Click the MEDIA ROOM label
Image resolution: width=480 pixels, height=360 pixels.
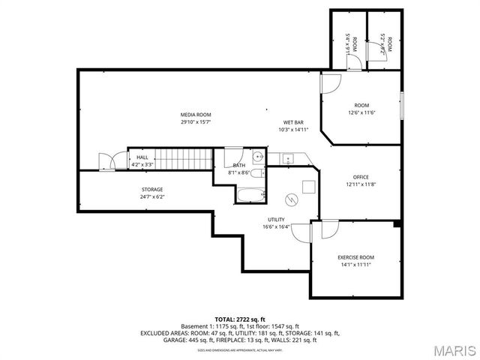(195, 115)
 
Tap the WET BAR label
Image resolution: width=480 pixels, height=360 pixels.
(293, 122)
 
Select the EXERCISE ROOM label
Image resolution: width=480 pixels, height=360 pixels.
(355, 257)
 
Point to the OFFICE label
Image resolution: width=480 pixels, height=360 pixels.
(361, 177)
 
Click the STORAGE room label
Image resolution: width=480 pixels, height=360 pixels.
(152, 190)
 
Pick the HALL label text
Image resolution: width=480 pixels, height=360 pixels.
(142, 157)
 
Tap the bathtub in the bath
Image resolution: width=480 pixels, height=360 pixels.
(250, 195)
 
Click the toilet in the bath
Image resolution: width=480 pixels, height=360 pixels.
(256, 175)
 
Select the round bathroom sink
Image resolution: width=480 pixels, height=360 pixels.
(256, 157)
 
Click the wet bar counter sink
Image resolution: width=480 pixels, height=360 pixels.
(286, 158)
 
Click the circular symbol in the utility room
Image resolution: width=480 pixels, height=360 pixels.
(292, 199)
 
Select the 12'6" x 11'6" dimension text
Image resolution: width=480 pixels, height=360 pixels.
(361, 113)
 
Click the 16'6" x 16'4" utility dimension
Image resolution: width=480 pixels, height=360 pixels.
(277, 226)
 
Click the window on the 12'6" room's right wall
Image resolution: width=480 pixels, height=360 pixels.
(402, 104)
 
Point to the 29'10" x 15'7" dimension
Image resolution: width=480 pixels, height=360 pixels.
(195, 122)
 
